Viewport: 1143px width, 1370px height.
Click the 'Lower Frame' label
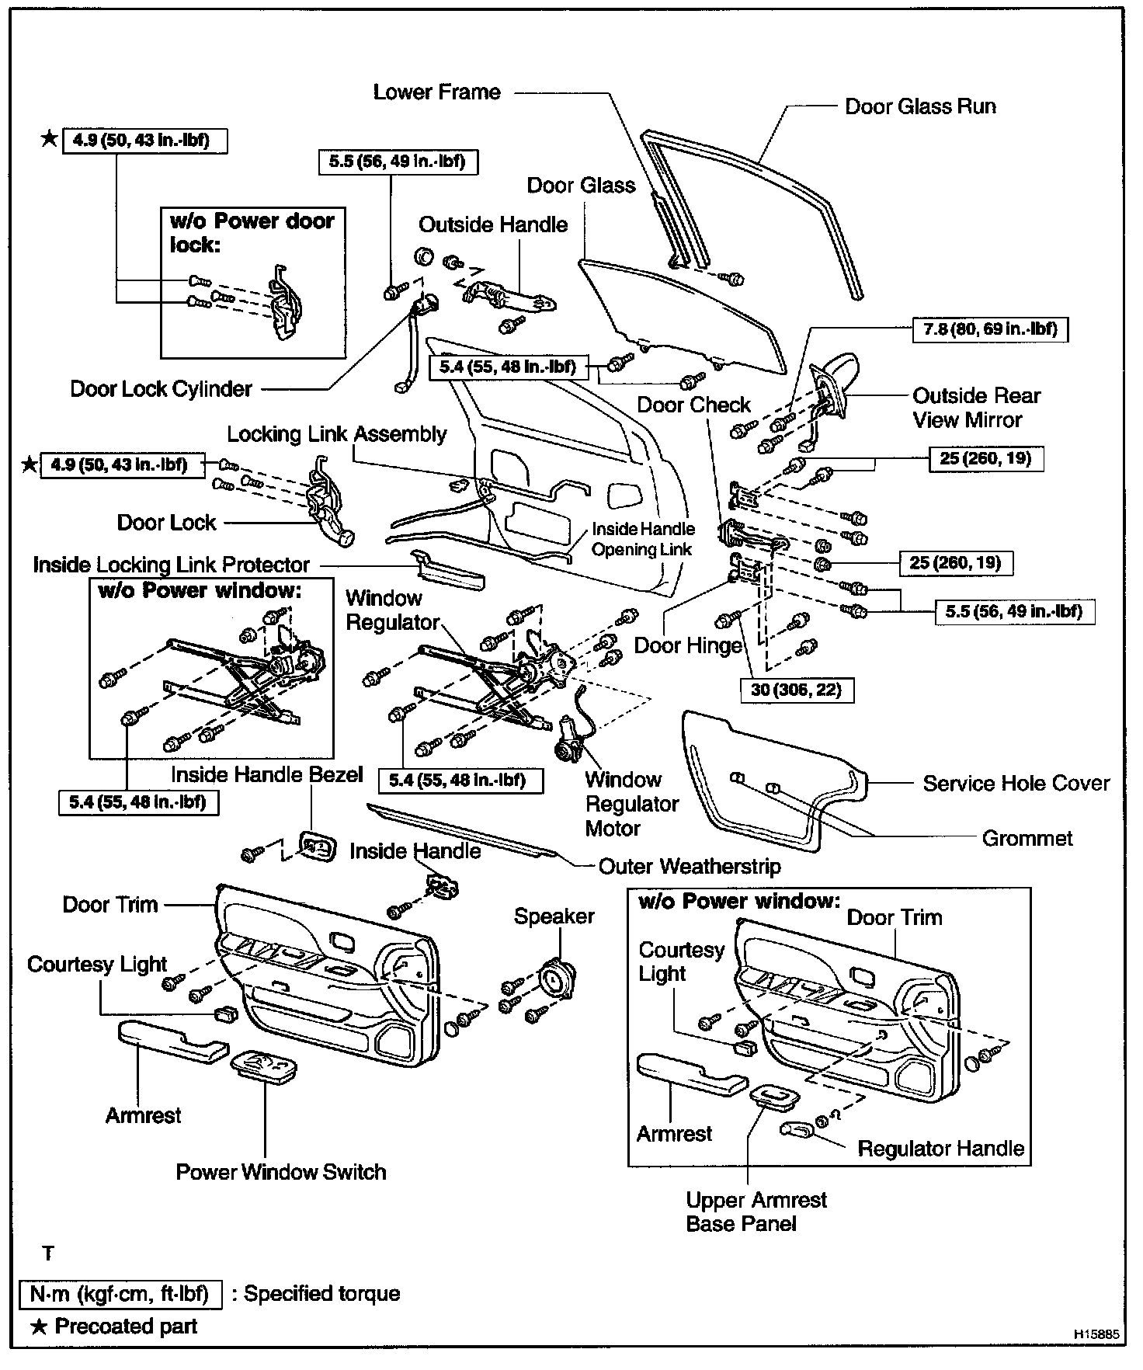coord(436,92)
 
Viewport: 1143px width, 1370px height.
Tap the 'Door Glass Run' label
coord(920,106)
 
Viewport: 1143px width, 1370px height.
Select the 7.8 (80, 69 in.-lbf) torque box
coord(989,329)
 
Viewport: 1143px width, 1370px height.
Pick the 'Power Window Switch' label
coord(280,1172)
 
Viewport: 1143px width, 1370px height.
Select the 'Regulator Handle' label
coord(940,1149)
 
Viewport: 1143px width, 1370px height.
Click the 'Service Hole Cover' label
coord(1016,784)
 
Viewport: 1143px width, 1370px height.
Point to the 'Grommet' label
coord(1027,839)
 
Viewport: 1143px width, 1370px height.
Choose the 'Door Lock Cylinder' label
coord(161,389)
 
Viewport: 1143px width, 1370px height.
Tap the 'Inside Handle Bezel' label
coord(266,775)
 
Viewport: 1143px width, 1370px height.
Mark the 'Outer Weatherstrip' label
coord(689,867)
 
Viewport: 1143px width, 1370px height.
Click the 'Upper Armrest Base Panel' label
coord(756,1212)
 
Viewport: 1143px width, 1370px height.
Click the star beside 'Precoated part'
coord(39,1327)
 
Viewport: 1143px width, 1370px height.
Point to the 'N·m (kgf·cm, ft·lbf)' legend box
coord(120,1294)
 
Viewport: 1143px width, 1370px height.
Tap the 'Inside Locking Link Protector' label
coord(171,565)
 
